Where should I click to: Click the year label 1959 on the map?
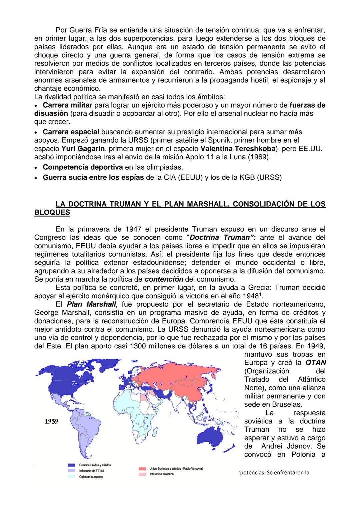pyautogui.click(x=51, y=421)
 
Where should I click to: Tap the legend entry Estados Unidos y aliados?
pyautogui.click(x=95, y=465)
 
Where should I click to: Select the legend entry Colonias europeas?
pyautogui.click(x=91, y=477)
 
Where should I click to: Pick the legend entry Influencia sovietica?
pyautogui.click(x=161, y=474)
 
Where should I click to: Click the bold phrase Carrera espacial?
pyautogui.click(x=71, y=132)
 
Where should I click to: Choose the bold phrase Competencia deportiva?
pyautogui.click(x=83, y=167)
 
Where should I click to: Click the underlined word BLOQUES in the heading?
pyautogui.click(x=52, y=212)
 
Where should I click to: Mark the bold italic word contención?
pyautogui.click(x=164, y=279)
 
